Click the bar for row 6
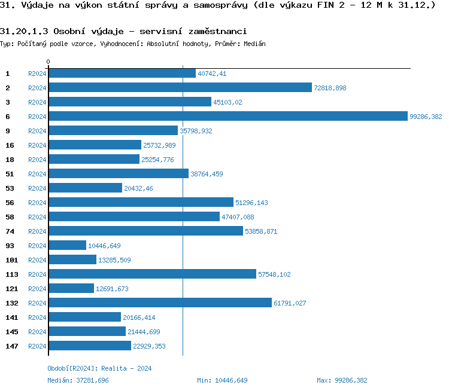click(x=227, y=116)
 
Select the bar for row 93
click(x=67, y=245)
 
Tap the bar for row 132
click(x=160, y=303)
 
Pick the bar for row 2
click(x=180, y=87)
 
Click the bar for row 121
click(x=71, y=288)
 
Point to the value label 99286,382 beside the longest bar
click(x=426, y=117)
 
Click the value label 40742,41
click(x=212, y=74)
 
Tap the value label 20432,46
click(x=138, y=188)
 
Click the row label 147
click(x=12, y=346)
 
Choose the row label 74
click(x=10, y=231)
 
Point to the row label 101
click(x=12, y=260)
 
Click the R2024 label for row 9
click(x=37, y=131)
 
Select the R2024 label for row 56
click(x=37, y=203)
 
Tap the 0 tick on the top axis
click(x=48, y=62)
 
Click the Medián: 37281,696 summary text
click(x=78, y=380)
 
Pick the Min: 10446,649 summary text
click(x=222, y=380)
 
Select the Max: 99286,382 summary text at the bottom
click(x=342, y=380)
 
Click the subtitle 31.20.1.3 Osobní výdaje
click(x=123, y=31)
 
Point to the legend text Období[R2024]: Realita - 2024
click(x=99, y=368)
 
